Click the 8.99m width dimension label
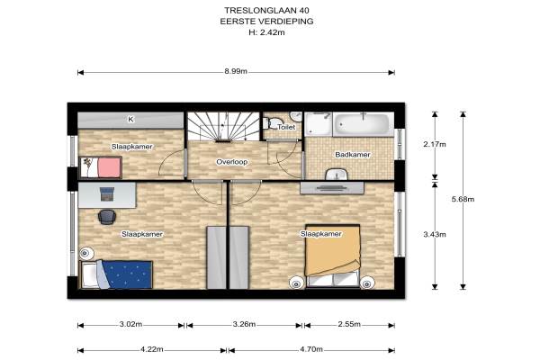(236, 72)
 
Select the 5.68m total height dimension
(463, 199)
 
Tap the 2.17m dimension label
(435, 144)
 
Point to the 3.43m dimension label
(435, 235)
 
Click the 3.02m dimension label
(130, 325)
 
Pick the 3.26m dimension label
(244, 325)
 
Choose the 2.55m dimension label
(349, 325)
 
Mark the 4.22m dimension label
(152, 349)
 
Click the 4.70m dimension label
(311, 349)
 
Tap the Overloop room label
(232, 162)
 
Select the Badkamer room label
(353, 155)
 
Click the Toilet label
(286, 127)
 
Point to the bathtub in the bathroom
(364, 124)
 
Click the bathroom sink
(337, 175)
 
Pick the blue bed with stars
(116, 274)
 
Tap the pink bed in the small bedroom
(101, 167)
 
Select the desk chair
(107, 217)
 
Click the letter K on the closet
(130, 120)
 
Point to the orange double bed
(333, 256)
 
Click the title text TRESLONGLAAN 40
(266, 10)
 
